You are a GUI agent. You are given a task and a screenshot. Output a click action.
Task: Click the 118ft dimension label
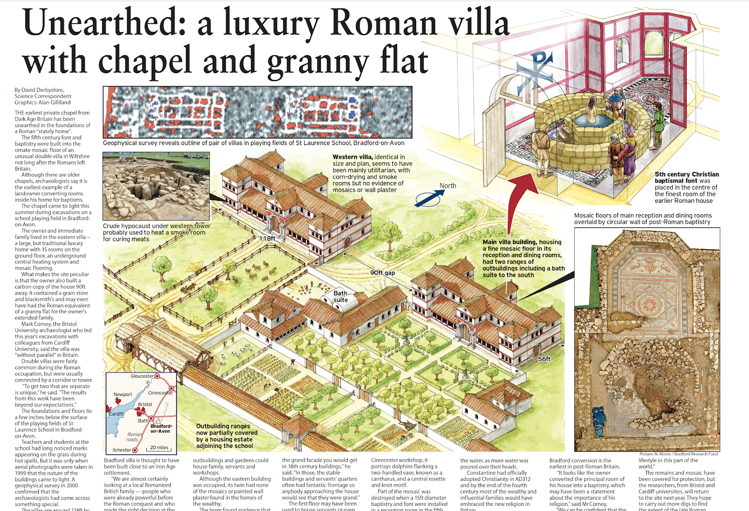pyautogui.click(x=267, y=238)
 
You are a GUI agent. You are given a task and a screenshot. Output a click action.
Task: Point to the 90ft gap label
pyautogui.click(x=382, y=273)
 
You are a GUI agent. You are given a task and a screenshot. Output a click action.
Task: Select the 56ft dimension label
pyautogui.click(x=544, y=359)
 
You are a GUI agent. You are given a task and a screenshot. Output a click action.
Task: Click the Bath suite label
pyautogui.click(x=340, y=296)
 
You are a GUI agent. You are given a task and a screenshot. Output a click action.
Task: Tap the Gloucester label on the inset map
pyautogui.click(x=142, y=376)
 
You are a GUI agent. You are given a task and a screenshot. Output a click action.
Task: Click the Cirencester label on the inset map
pyautogui.click(x=160, y=393)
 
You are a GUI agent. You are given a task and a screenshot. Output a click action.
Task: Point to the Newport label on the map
pyautogui.click(x=123, y=394)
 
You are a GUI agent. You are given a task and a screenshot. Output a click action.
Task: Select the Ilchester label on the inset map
pyautogui.click(x=122, y=450)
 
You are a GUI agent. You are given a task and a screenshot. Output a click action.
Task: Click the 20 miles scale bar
pyautogui.click(x=159, y=448)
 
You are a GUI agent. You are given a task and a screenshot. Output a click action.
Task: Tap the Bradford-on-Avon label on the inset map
pyautogui.click(x=161, y=429)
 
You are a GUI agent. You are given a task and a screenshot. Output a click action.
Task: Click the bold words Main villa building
pyautogui.click(x=510, y=242)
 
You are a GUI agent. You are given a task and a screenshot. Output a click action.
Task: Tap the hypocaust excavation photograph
pyautogui.click(x=156, y=186)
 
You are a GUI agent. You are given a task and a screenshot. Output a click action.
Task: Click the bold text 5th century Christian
pyautogui.click(x=686, y=174)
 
